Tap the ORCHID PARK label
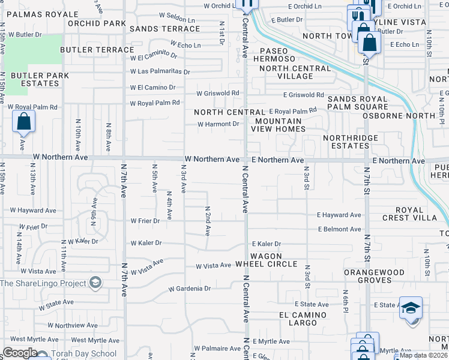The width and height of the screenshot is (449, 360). pos(96,23)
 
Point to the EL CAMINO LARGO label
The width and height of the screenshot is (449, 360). pos(303,319)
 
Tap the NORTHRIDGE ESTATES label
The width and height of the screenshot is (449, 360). pos(351,142)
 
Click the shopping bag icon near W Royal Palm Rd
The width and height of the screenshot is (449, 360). pos(23,122)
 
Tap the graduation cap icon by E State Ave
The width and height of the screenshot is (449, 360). pos(411,308)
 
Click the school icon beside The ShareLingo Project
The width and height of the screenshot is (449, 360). pos(95,283)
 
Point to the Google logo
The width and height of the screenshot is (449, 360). pos(20,353)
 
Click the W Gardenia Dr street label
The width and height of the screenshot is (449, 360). pos(189,289)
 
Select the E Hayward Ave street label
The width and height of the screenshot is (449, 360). pos(339,215)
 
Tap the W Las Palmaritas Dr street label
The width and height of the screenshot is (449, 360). pos(160,71)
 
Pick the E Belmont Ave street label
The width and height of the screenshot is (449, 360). pos(339,229)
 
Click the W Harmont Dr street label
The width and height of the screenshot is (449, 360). pos(218,124)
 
